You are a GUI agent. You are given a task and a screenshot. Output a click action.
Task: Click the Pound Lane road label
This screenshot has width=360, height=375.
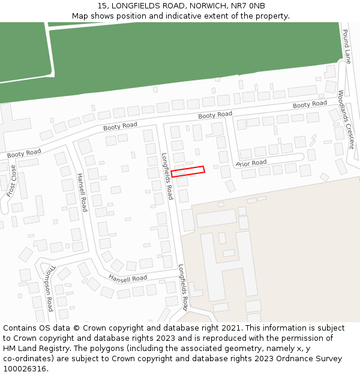pyautogui.click(x=346, y=46)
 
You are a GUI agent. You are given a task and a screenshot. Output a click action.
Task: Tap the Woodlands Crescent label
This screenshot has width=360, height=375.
pyautogui.click(x=346, y=120)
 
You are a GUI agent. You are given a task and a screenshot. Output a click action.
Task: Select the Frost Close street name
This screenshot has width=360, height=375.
pyautogui.click(x=12, y=181)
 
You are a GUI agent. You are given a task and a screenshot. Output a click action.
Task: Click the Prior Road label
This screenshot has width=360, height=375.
pyautogui.click(x=251, y=163)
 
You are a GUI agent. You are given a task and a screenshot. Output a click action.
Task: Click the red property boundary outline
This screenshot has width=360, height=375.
pyautogui.click(x=188, y=170)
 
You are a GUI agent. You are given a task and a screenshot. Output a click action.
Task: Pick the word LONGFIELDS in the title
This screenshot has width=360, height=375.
pyautogui.click(x=134, y=5)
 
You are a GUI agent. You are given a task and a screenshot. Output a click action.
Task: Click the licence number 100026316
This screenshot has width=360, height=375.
pyautogui.click(x=24, y=369)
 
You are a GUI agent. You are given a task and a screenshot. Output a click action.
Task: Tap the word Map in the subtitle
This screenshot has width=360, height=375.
pyautogui.click(x=80, y=16)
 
